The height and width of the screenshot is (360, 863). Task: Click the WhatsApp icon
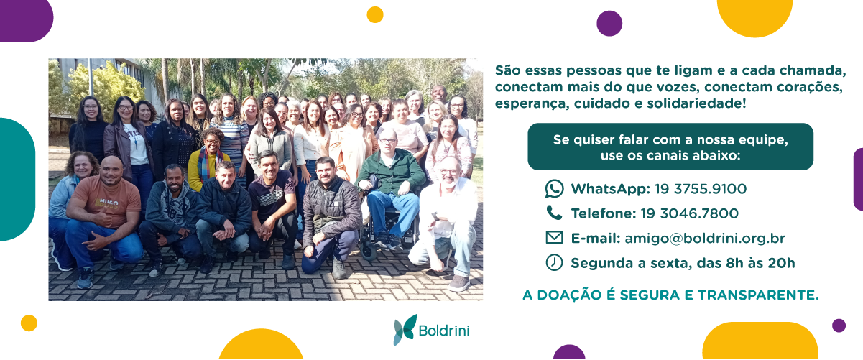click(x=554, y=189)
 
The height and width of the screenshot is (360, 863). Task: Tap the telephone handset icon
click(x=554, y=213)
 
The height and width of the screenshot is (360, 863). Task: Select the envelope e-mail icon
click(x=554, y=237)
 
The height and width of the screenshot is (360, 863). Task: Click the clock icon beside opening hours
click(x=554, y=262)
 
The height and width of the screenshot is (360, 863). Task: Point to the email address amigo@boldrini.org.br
click(x=705, y=239)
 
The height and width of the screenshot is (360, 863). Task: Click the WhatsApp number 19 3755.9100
click(x=701, y=189)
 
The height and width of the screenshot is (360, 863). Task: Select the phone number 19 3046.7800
click(x=689, y=213)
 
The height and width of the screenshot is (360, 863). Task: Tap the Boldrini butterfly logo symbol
click(x=405, y=330)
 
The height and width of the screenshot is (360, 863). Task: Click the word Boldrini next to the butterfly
click(x=444, y=331)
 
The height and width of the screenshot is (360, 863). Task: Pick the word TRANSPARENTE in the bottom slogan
click(x=758, y=295)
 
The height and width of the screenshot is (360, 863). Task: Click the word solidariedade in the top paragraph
click(x=696, y=103)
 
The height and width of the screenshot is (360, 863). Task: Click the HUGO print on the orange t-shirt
click(x=109, y=202)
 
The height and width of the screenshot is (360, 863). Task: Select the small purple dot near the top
click(x=609, y=24)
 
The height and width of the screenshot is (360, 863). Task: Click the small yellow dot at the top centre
click(x=375, y=14)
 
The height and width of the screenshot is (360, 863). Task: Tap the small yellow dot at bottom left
click(x=29, y=323)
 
